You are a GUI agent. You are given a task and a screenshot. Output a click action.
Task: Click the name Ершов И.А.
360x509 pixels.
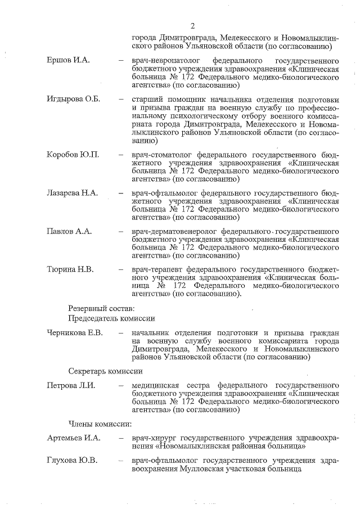tap(68, 60)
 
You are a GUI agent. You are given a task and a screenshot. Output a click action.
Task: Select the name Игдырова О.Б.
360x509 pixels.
tap(73, 99)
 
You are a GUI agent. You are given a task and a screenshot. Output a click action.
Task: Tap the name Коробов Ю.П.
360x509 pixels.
tap(73, 155)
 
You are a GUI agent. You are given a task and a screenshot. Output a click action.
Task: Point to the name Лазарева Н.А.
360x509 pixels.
tap(72, 193)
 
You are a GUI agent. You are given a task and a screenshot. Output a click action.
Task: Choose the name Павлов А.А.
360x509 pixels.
tap(69, 231)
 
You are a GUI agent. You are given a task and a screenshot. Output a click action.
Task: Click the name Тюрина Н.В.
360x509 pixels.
tap(70, 269)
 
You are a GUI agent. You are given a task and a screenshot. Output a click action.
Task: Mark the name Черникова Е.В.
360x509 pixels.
tap(75, 334)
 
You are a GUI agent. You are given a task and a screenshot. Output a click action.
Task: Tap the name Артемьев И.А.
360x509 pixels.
tap(73, 438)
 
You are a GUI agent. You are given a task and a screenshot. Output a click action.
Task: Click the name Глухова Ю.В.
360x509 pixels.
tap(72, 461)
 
